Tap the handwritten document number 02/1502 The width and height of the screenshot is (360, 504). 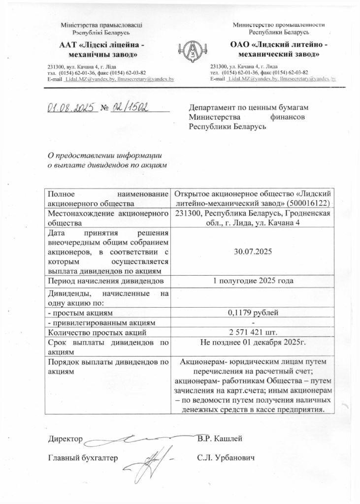coord(131,107)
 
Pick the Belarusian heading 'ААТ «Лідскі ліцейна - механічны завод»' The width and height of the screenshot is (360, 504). coord(101,49)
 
